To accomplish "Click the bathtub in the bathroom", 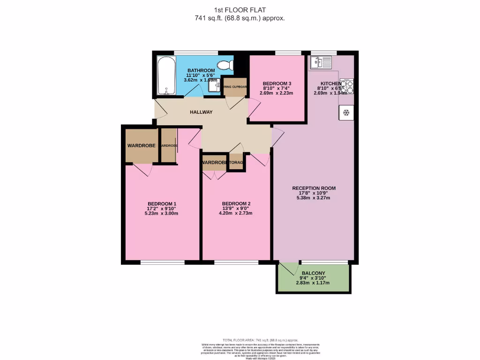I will tap(165, 75).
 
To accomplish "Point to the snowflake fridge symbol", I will tap(346, 112).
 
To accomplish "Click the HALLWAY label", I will tap(201, 112).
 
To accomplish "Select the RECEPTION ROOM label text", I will tap(314, 188).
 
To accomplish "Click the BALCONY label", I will tap(313, 273).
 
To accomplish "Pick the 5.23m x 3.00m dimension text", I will tap(162, 213).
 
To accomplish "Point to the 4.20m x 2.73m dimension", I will tap(236, 213).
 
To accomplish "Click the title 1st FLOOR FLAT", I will tap(240, 10).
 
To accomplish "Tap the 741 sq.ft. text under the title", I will tap(240, 18).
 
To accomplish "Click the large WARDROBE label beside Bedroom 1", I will tap(141, 146).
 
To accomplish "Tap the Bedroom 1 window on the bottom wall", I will tap(162, 262).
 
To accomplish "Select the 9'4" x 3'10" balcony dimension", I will tap(313, 278).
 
